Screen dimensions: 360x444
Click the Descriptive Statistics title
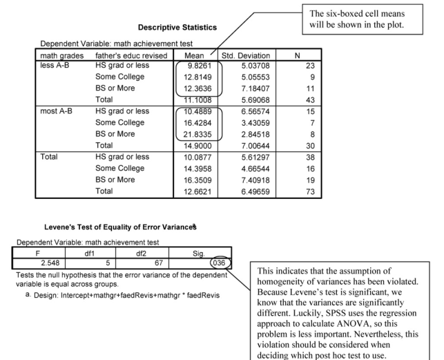(177, 28)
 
